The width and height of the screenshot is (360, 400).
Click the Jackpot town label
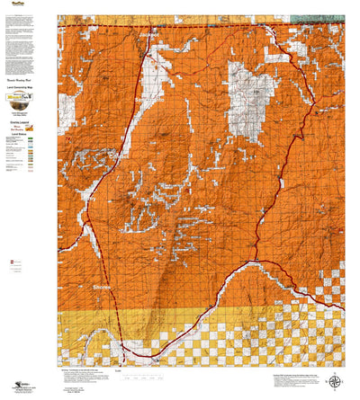(x=148, y=35)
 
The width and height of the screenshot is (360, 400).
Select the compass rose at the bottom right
(x=336, y=380)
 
